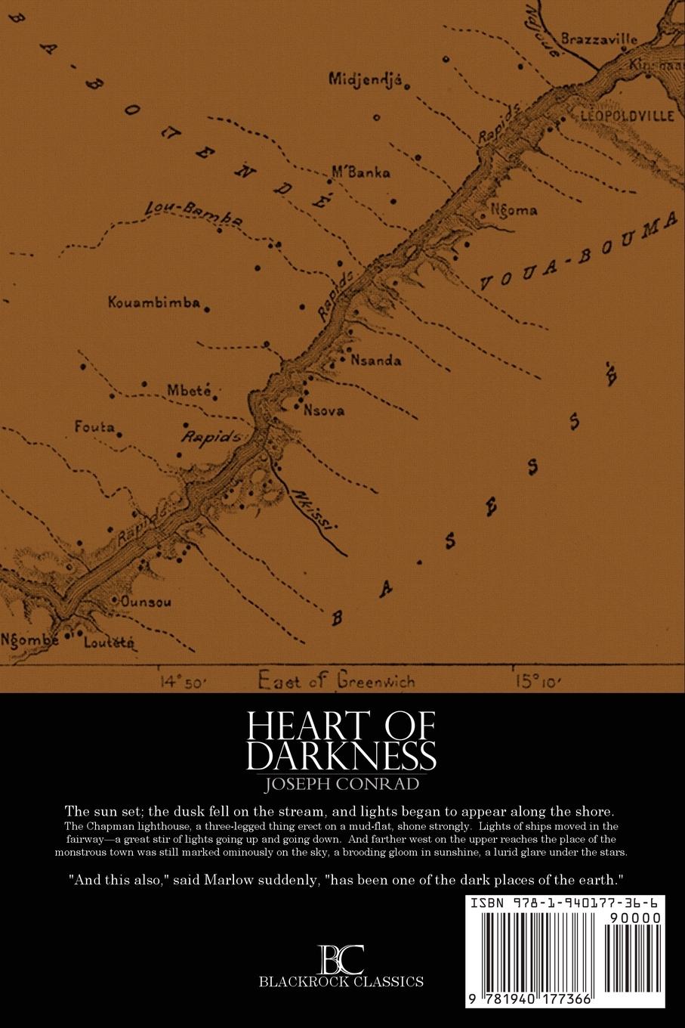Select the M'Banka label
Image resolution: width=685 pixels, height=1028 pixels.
[361, 172]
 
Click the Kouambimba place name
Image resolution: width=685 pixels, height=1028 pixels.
[154, 303]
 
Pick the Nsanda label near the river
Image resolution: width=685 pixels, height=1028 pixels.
[376, 361]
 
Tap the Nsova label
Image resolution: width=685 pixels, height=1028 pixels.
[323, 410]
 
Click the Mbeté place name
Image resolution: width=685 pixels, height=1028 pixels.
[187, 391]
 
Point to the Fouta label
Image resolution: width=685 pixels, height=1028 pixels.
[94, 427]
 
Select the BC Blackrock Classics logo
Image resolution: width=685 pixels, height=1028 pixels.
[341, 968]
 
